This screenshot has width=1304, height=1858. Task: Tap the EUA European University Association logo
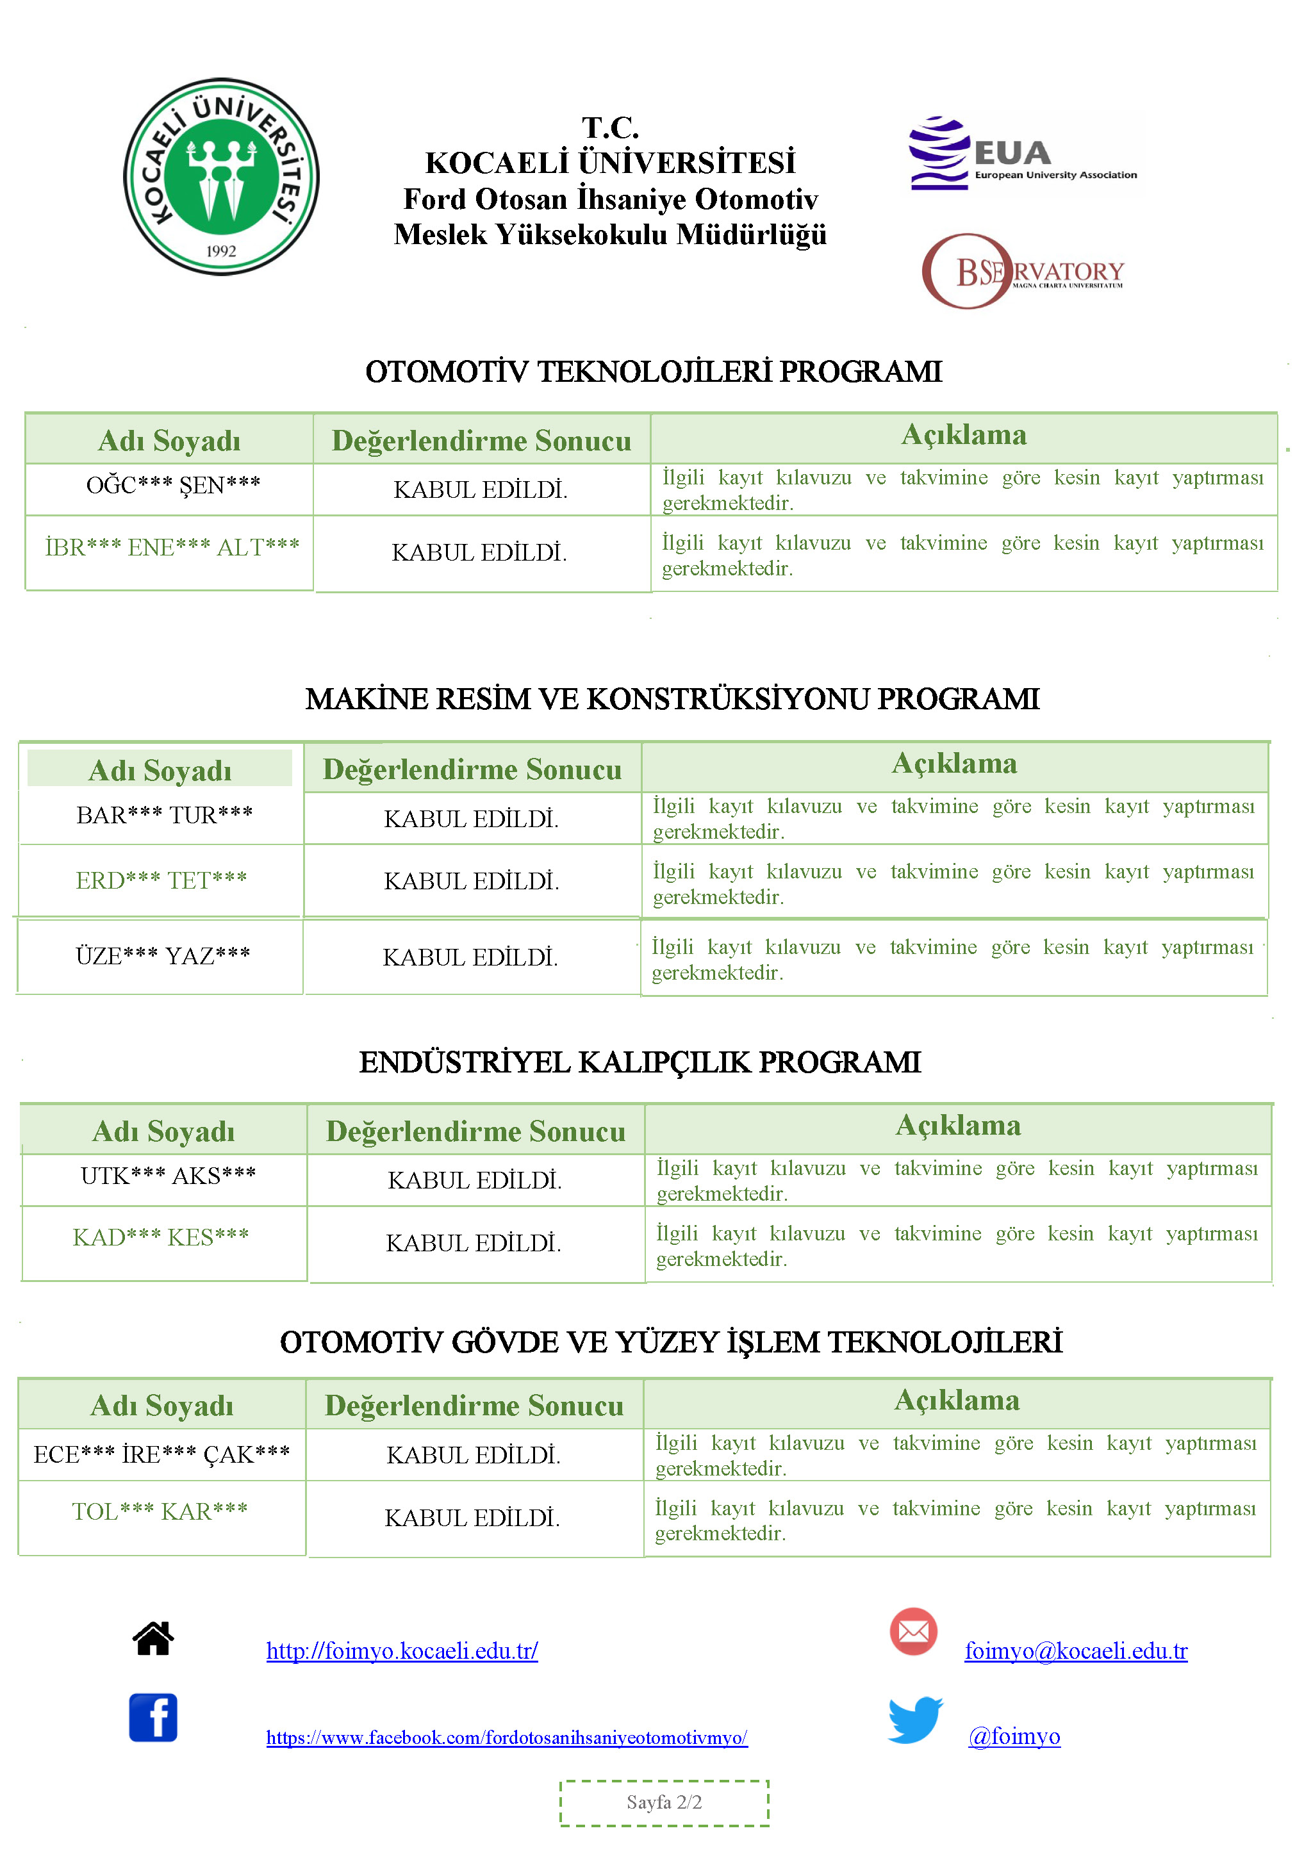tap(1021, 154)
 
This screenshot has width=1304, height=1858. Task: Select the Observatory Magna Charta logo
tap(1022, 272)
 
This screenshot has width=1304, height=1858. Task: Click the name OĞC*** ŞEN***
tap(173, 486)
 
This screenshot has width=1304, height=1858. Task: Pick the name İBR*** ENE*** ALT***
tap(172, 548)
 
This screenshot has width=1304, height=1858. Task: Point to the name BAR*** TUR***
tap(164, 815)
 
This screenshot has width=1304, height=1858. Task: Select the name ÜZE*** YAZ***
tap(163, 957)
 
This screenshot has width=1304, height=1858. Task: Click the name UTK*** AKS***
tap(169, 1176)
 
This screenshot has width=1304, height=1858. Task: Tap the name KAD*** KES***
tap(161, 1237)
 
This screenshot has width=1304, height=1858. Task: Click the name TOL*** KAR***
tap(160, 1511)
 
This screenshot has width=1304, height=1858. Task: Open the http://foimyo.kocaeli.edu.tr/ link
tap(402, 1652)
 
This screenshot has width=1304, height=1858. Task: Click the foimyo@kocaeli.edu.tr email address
tap(1076, 1652)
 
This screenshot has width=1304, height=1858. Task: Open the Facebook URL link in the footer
tap(507, 1738)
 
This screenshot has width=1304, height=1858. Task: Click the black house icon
tap(153, 1640)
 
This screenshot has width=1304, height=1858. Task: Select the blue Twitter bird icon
tap(916, 1719)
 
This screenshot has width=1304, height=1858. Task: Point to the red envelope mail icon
tap(913, 1631)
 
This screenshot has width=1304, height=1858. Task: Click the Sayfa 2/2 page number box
tap(664, 1803)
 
